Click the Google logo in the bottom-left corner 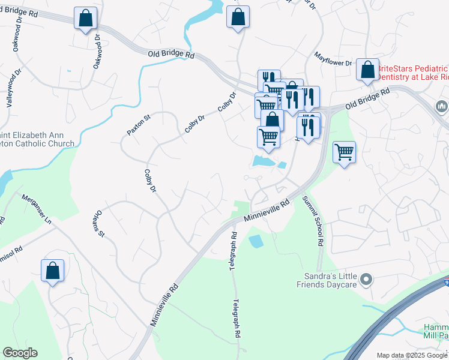pyautogui.click(x=20, y=353)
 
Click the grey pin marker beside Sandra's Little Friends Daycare pyautogui.click(x=369, y=280)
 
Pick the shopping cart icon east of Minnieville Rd pyautogui.click(x=344, y=152)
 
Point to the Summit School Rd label pyautogui.click(x=313, y=221)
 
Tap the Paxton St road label pyautogui.click(x=137, y=122)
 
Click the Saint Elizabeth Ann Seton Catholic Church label pyautogui.click(x=37, y=139)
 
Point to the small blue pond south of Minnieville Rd pyautogui.click(x=255, y=241)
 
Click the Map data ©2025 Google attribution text pyautogui.click(x=412, y=355)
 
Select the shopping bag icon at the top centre pyautogui.click(x=238, y=17)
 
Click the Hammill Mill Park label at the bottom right pyautogui.click(x=436, y=331)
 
